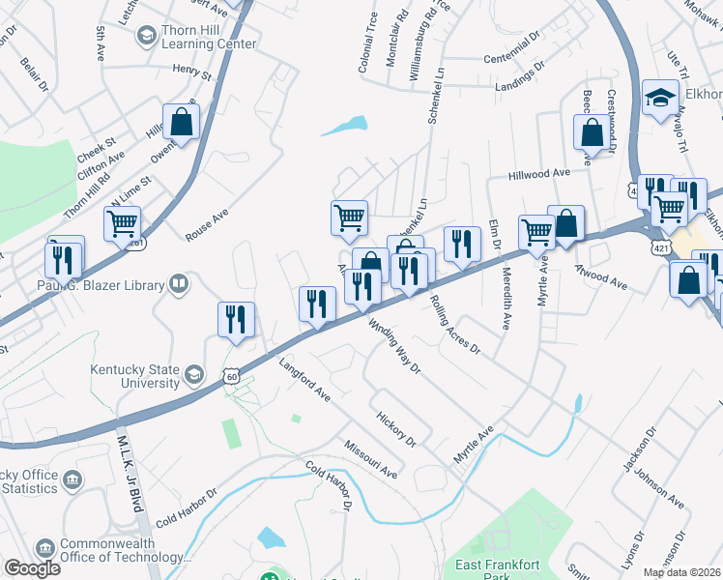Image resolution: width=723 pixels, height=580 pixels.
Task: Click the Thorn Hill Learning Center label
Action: [209, 37]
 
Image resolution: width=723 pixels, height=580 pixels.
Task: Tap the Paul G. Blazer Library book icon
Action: [178, 283]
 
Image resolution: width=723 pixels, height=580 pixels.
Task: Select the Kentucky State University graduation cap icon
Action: [194, 374]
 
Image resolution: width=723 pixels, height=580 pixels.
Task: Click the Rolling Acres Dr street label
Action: [454, 325]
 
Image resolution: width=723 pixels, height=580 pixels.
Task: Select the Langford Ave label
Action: [304, 382]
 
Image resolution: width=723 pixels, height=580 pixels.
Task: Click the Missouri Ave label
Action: [370, 458]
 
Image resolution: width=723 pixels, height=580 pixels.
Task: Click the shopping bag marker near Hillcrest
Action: [181, 122]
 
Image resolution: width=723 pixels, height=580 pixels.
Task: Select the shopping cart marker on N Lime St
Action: [123, 224]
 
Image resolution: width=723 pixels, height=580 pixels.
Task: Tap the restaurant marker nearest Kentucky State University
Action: [236, 320]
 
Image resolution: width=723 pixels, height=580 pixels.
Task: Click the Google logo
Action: [32, 568]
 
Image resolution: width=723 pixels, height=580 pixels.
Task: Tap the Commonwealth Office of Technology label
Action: [119, 550]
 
